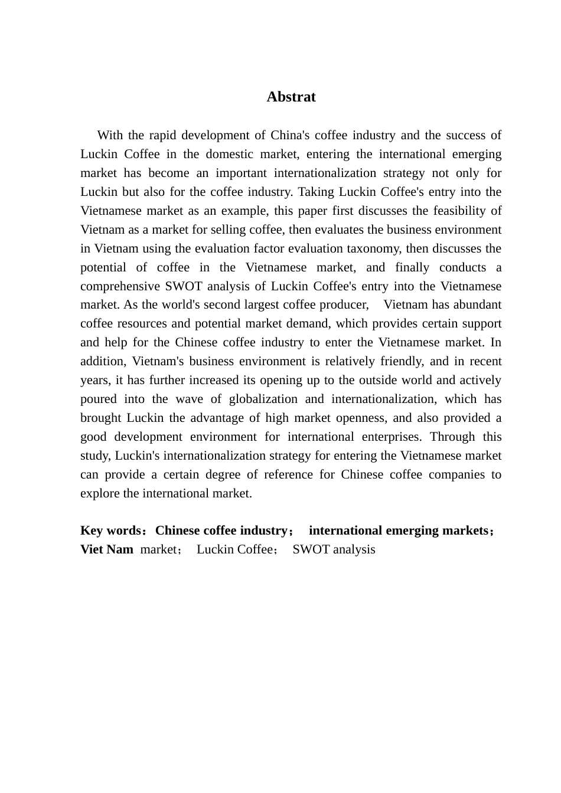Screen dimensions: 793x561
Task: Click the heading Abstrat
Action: [291, 97]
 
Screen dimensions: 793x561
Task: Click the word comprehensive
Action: [120, 286]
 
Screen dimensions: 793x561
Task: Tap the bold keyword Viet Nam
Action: [107, 550]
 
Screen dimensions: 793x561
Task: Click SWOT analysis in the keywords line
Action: [334, 550]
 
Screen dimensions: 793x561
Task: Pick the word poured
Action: [98, 399]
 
